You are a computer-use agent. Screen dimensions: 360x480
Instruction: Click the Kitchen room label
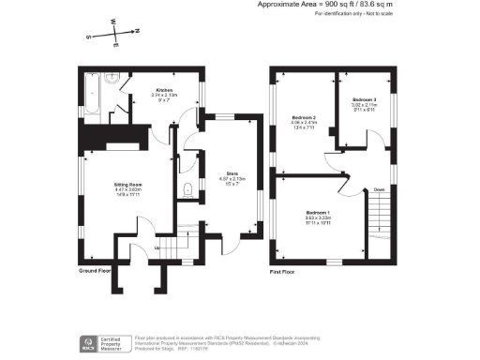165,90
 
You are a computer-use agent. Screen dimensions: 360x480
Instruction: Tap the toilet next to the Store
188,190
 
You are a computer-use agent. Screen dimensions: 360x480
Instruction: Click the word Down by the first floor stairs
379,190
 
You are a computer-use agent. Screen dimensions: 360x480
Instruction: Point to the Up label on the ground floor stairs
156,247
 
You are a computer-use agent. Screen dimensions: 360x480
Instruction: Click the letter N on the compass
137,31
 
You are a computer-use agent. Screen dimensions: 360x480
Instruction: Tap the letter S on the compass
89,37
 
